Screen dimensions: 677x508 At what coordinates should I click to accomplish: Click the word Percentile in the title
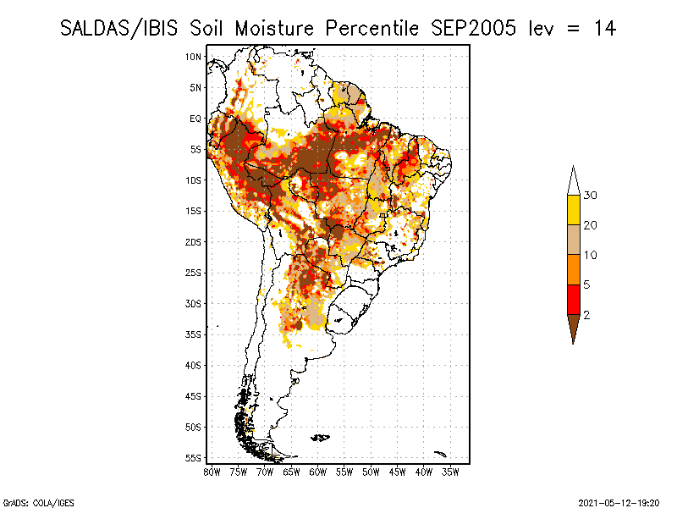coord(372,29)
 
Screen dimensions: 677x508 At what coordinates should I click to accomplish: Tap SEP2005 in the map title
coord(473,29)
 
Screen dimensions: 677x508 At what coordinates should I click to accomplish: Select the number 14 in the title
coord(604,29)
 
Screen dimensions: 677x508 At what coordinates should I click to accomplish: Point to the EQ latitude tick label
coord(195,119)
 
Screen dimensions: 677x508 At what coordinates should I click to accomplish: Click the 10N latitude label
coord(193,57)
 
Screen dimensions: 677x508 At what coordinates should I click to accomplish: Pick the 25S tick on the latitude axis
coord(193,273)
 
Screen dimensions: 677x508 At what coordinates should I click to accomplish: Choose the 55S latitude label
coord(193,458)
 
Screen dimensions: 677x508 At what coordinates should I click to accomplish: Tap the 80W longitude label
coord(212,472)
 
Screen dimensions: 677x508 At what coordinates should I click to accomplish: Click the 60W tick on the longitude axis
coord(318,472)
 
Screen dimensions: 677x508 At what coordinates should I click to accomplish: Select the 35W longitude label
coord(450,472)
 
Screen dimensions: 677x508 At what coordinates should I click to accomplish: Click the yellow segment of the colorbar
coord(574,210)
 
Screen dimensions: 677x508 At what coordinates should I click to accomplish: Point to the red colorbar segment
coord(574,300)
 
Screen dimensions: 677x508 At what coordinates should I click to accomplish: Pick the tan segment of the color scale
coord(574,240)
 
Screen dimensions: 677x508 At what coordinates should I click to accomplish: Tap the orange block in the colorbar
coord(574,269)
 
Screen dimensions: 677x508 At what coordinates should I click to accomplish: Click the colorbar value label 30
coord(590,196)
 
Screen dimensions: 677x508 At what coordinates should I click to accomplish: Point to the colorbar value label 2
coord(586,315)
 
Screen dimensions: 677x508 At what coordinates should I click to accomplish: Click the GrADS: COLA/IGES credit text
coord(39,503)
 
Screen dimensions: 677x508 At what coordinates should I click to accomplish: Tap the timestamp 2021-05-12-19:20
coord(619,503)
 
